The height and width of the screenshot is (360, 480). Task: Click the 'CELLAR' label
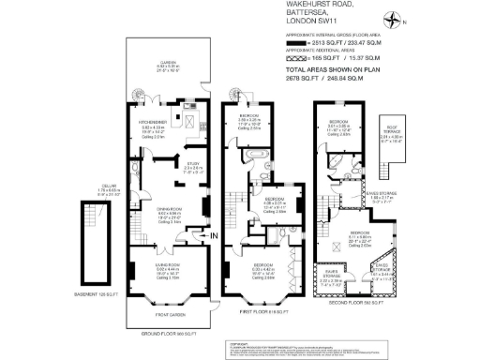110,188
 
